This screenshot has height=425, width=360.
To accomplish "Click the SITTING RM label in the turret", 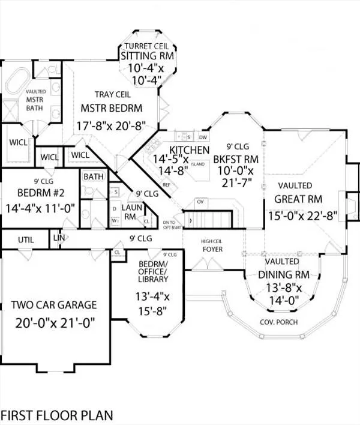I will coord(147,56).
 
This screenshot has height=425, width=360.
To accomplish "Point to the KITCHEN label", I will coord(189,149).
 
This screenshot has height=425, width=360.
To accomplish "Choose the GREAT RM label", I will coord(298,199).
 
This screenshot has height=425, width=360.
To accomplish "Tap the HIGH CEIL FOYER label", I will coord(211,244).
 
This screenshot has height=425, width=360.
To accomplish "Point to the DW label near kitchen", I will coord(202,136).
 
